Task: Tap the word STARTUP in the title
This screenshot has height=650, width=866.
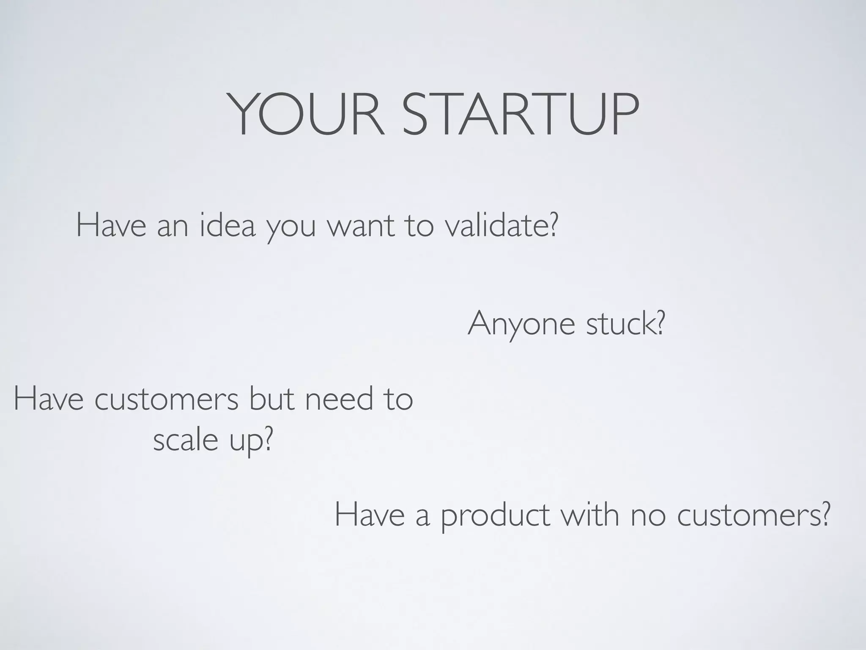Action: [520, 115]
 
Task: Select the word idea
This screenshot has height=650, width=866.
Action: [227, 226]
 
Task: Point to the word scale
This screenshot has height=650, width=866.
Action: [185, 440]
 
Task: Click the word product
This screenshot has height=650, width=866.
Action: [495, 516]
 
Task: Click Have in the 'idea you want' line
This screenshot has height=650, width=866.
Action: [111, 226]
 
